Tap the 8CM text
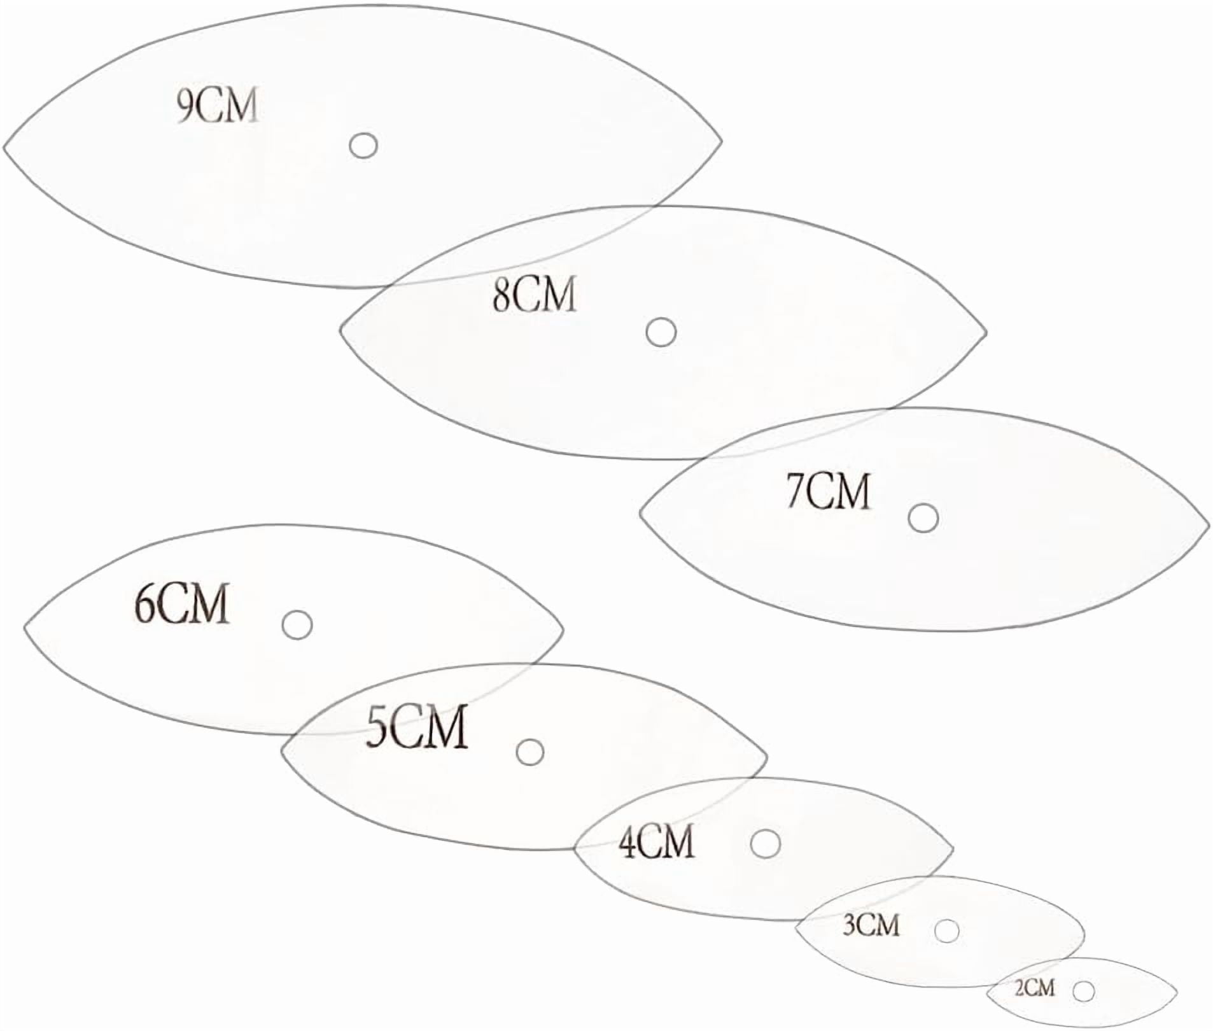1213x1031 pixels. [x=534, y=294]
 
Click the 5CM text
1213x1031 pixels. [x=417, y=726]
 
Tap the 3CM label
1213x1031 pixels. [x=871, y=925]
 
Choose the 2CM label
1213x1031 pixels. [x=1034, y=988]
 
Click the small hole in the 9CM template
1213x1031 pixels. [x=363, y=145]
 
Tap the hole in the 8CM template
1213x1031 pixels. [x=661, y=332]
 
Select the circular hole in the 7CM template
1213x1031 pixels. [x=923, y=518]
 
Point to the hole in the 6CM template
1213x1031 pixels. [x=297, y=624]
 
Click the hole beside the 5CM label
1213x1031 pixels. [x=529, y=752]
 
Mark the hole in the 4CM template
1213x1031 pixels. [x=765, y=843]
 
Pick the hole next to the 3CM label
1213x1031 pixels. [x=946, y=931]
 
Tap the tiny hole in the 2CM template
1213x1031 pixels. [x=1083, y=991]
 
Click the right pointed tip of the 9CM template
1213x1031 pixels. [x=721, y=141]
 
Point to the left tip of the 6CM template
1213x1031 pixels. [x=25, y=628]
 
